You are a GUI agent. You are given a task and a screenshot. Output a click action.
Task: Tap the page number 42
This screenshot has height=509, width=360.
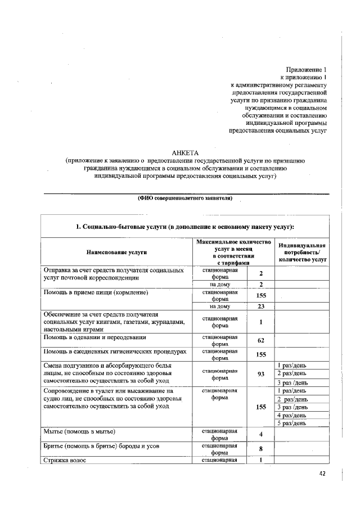pos(322,474)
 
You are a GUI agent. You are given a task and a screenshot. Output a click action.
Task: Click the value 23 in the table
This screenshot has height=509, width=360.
pos(261,307)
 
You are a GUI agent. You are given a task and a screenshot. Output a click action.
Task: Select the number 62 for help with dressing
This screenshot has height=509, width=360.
pos(261,340)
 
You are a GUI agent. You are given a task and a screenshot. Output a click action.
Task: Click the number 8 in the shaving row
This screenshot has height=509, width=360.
pos(261,449)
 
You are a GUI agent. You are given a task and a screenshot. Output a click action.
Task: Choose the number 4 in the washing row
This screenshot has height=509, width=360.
pos(261,435)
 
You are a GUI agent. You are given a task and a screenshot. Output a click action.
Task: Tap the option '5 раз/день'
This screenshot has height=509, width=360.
pos(292,423)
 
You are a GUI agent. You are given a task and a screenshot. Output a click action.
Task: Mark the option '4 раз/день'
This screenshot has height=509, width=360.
pos(292,415)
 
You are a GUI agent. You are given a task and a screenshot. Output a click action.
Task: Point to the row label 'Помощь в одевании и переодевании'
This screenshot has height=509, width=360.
pos(95,337)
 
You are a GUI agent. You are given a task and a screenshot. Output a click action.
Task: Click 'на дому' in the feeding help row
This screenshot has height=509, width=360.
pos(223,307)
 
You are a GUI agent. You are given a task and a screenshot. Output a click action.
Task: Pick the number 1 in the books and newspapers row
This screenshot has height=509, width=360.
pos(261,322)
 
